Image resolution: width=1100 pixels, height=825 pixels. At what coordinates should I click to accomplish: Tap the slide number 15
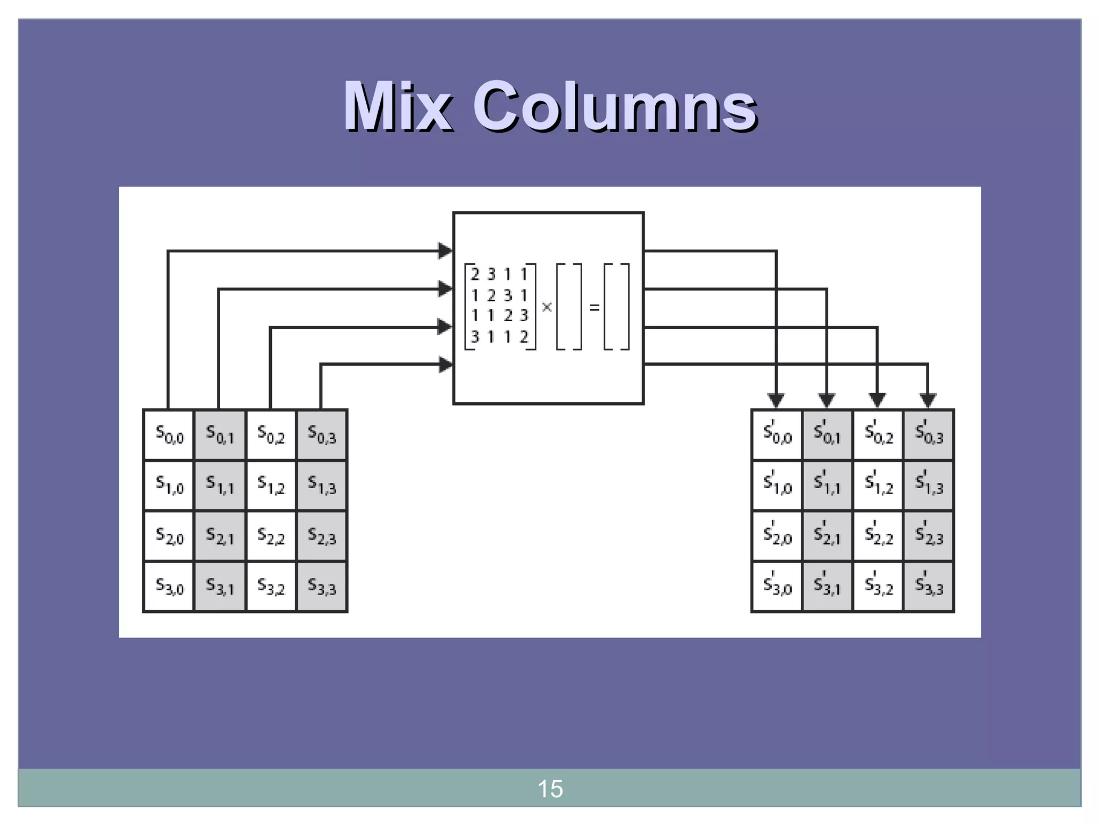tap(550, 789)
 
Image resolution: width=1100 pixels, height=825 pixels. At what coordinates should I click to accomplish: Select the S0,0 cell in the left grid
tap(169, 435)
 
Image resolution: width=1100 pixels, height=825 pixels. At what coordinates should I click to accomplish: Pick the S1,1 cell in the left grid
tap(220, 485)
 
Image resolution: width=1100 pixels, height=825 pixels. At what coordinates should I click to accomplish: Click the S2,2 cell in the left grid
tap(271, 536)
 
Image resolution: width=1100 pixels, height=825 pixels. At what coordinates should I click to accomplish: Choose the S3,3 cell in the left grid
tap(322, 587)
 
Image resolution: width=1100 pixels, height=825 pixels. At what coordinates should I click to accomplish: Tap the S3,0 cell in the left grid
tap(169, 587)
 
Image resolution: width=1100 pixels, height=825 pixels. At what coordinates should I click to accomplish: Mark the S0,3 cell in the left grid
tap(322, 435)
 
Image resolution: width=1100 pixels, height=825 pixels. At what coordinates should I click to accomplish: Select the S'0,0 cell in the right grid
tap(777, 435)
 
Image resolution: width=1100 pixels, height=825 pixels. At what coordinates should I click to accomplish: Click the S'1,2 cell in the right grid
tap(878, 485)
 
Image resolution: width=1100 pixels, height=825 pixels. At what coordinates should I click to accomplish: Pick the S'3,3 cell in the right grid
tap(929, 587)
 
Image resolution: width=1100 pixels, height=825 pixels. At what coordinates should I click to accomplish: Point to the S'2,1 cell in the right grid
tap(827, 536)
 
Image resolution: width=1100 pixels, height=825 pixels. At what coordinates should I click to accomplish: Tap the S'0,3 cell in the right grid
tap(929, 435)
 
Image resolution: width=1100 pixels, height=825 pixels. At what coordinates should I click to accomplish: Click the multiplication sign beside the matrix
tap(547, 307)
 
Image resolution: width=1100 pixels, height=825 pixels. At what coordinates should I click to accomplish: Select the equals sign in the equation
tap(594, 308)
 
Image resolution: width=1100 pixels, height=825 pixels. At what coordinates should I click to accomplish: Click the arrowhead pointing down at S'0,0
tap(776, 400)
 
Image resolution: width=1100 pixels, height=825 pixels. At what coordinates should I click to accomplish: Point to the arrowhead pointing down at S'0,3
tap(928, 400)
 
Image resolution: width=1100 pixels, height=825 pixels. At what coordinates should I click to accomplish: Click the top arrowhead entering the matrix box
tap(445, 251)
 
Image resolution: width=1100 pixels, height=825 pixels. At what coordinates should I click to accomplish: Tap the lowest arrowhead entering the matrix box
tap(445, 365)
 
